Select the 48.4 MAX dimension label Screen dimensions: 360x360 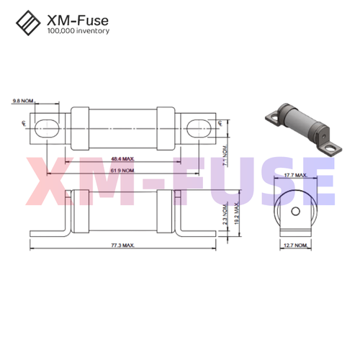coord(122,158)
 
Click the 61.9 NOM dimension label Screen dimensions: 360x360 coord(122,171)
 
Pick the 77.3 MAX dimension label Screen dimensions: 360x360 coord(122,246)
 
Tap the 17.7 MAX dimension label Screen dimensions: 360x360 coord(295,175)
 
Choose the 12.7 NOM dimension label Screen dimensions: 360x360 coord(295,246)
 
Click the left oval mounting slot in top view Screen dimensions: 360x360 coord(46,127)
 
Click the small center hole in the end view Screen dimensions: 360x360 coord(295,212)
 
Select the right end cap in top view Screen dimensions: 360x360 coord(166,127)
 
